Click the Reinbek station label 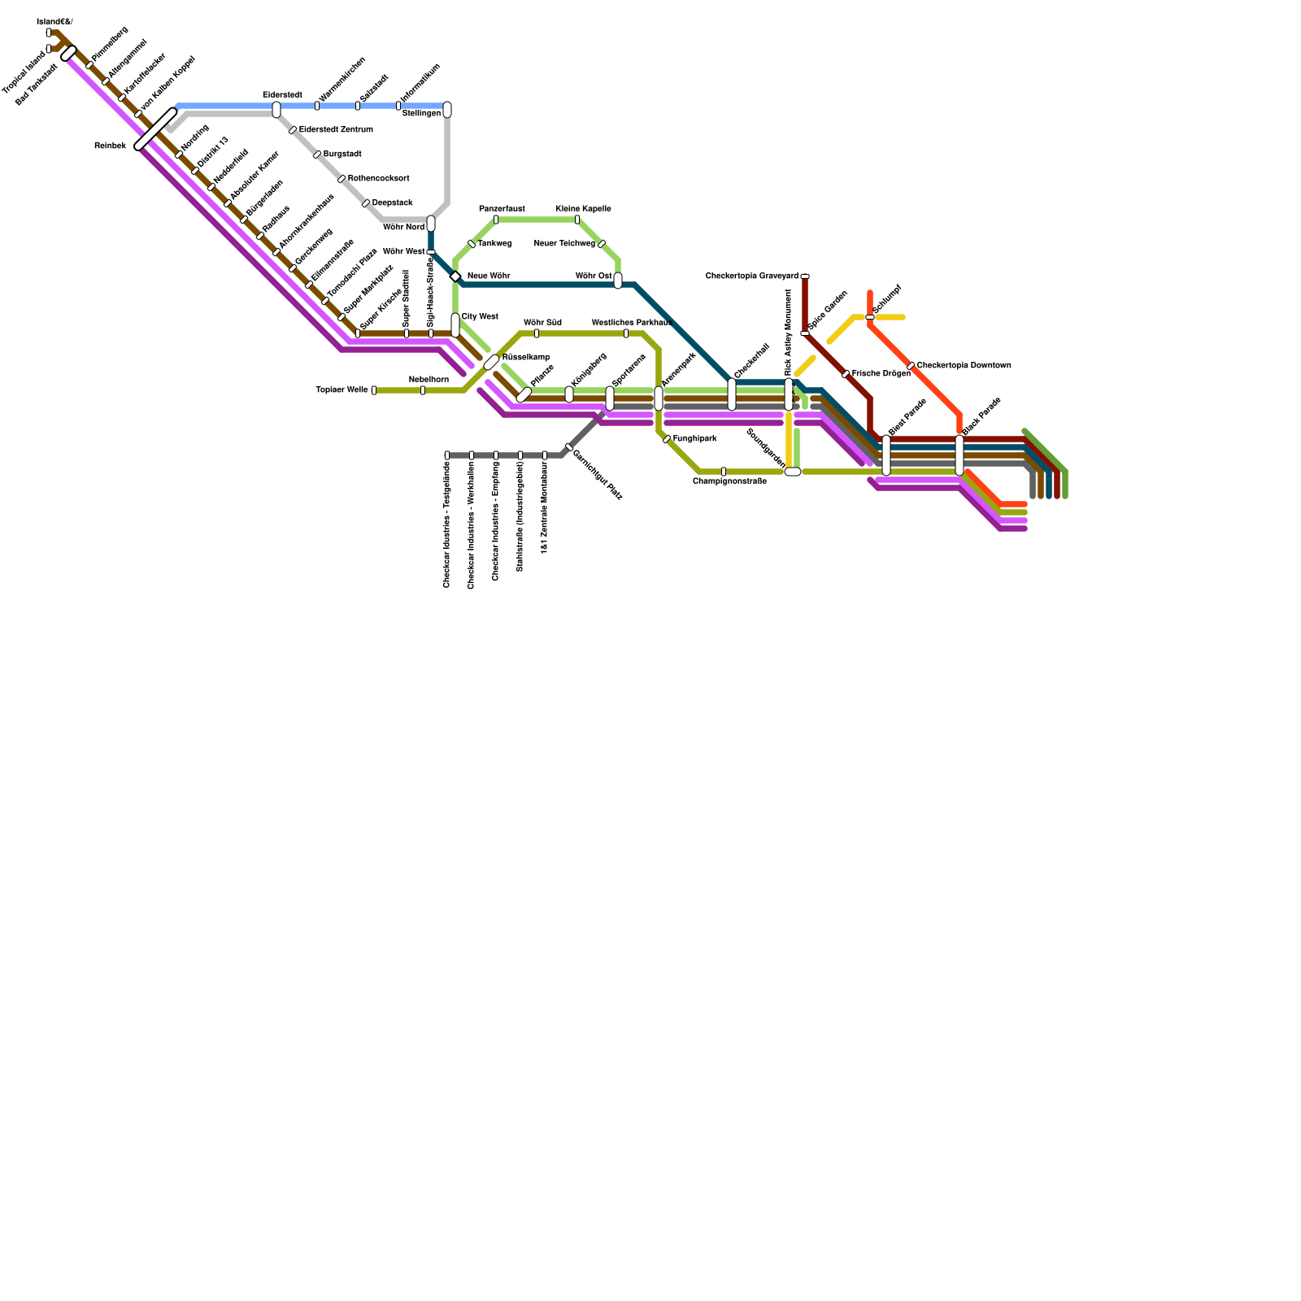110,146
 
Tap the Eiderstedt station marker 276,110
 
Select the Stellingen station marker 447,110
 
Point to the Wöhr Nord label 403,228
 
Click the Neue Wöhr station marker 455,276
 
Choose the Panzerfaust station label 502,209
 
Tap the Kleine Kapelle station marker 577,220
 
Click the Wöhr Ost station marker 618,281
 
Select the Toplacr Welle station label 342,390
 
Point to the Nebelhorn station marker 423,390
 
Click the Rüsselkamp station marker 491,362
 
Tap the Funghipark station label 694,439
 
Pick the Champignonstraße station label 729,481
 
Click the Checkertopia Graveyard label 751,276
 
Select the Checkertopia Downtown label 964,366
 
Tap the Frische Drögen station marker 846,374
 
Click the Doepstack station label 392,203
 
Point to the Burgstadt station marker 317,154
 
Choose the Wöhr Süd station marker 537,333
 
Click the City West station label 480,316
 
